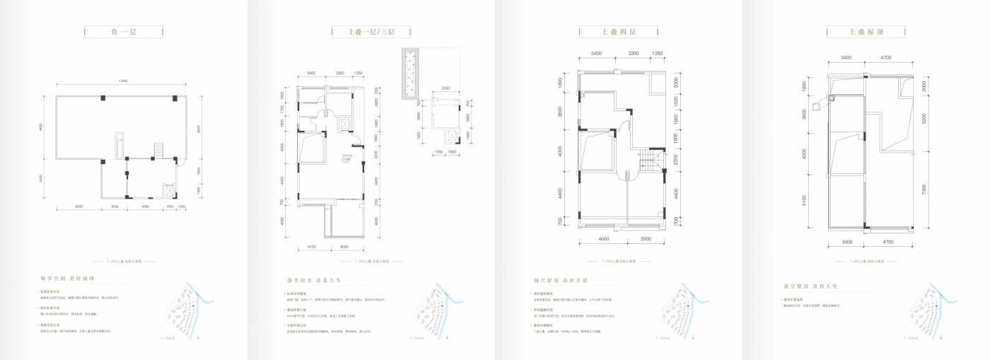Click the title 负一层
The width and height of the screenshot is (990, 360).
[x=123, y=32]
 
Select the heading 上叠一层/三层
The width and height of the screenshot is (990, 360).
[x=371, y=32]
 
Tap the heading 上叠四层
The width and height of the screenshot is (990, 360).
[x=619, y=32]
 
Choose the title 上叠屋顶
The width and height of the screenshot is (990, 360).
[x=866, y=32]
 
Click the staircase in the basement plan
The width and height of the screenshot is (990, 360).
[x=159, y=150]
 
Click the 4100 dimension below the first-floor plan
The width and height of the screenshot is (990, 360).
[x=312, y=246]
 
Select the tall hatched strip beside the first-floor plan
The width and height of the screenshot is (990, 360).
[x=411, y=75]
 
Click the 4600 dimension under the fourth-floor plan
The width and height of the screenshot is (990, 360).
[x=603, y=240]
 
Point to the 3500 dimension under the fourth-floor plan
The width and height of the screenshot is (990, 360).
[x=646, y=240]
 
